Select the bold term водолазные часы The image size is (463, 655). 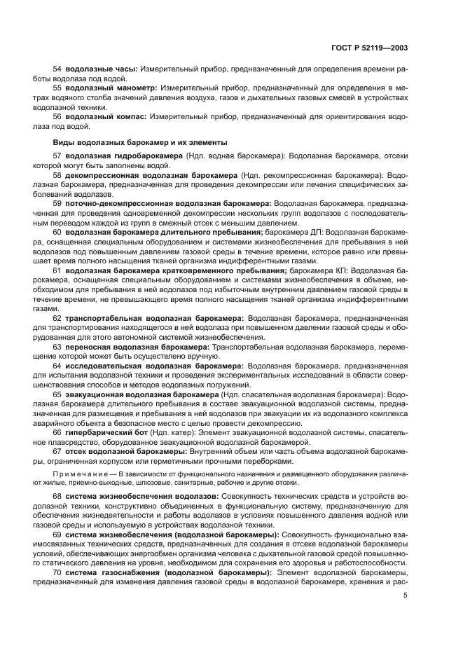click(101, 70)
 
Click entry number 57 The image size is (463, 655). click(57, 154)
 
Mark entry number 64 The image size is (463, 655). click(57, 365)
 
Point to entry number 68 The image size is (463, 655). click(57, 496)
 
